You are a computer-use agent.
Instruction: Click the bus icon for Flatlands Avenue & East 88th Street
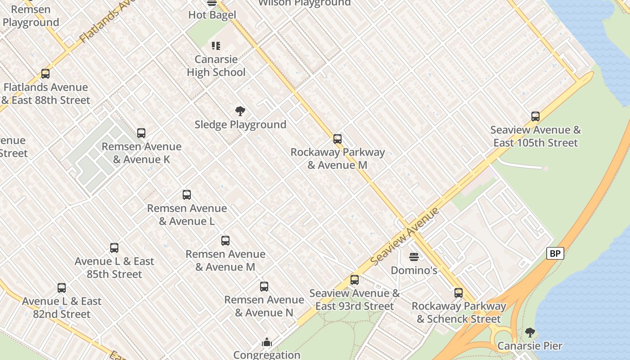(x=45, y=74)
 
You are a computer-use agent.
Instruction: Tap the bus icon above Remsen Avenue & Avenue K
(x=141, y=133)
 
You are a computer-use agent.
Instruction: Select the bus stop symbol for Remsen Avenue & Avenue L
(x=187, y=195)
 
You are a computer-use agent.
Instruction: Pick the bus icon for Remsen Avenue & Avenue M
(x=225, y=241)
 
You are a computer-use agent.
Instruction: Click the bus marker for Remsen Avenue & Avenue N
(x=264, y=287)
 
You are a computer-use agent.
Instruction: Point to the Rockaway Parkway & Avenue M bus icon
(x=337, y=139)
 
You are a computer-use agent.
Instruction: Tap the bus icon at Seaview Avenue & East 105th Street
(x=535, y=117)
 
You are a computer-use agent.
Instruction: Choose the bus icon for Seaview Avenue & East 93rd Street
(x=355, y=280)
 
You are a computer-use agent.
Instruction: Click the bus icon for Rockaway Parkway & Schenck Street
(x=459, y=293)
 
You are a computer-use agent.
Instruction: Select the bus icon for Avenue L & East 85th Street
(x=114, y=248)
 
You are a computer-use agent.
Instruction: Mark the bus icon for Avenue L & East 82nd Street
(x=62, y=288)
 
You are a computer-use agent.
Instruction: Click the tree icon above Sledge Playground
(x=240, y=111)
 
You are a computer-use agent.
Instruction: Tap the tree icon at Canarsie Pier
(x=530, y=333)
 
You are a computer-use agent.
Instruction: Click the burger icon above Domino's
(x=414, y=257)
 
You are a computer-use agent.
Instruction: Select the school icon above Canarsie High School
(x=216, y=46)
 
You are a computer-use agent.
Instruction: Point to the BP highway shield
(x=555, y=253)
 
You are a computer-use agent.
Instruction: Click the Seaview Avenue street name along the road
(x=405, y=236)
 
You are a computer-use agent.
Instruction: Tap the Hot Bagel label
(x=212, y=15)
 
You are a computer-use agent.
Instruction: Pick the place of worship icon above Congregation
(x=267, y=342)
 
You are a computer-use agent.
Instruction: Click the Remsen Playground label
(x=31, y=16)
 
